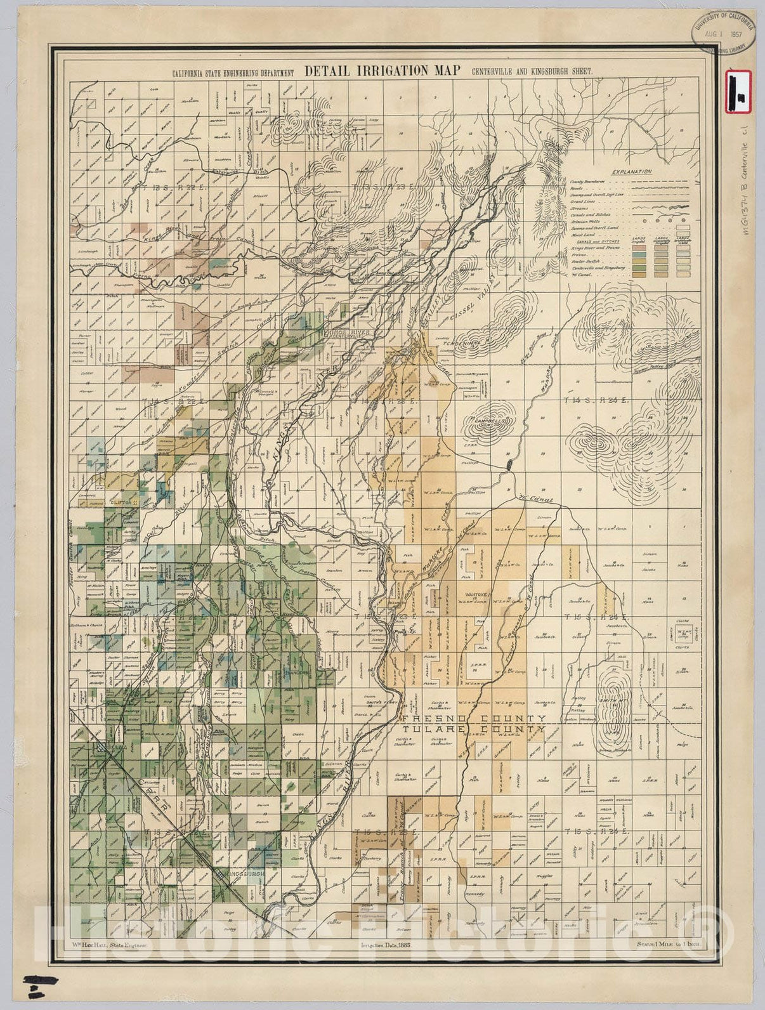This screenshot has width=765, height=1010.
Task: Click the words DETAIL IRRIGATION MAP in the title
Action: [x=382, y=71]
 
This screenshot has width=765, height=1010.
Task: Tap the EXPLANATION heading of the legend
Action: [x=632, y=171]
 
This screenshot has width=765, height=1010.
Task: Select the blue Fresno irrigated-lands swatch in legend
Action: [x=639, y=254]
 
